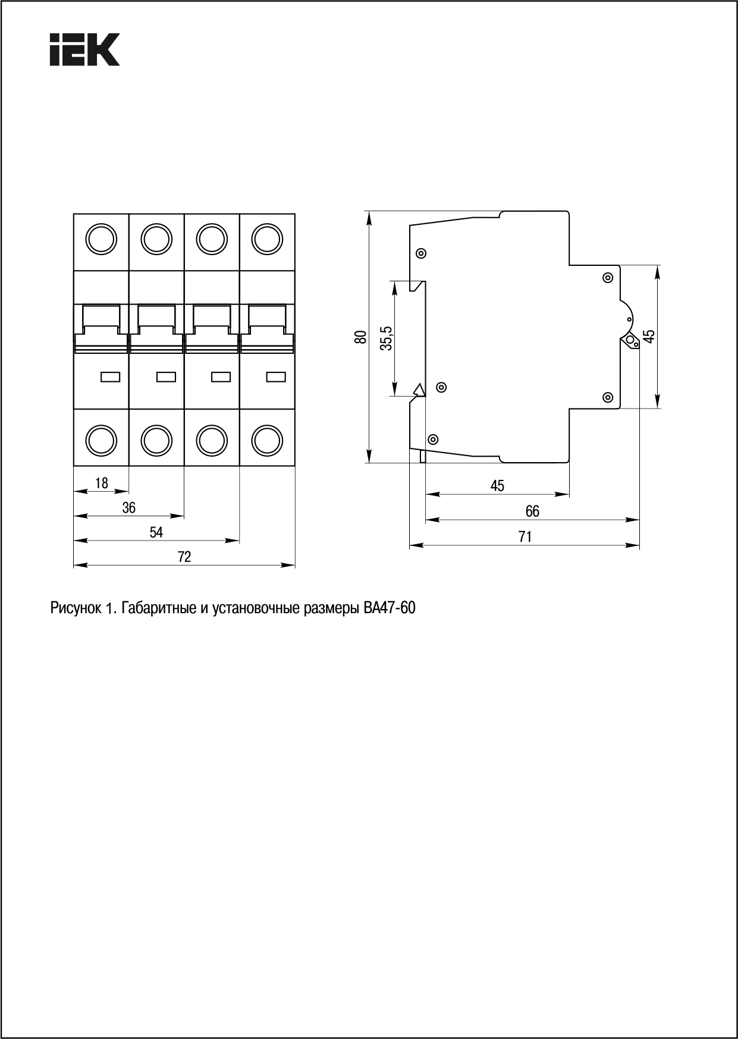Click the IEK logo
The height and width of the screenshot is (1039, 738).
click(x=84, y=49)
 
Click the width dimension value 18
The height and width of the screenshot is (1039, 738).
click(x=102, y=483)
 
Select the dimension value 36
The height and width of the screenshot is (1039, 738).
click(x=129, y=507)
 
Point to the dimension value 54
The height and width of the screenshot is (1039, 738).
click(x=156, y=532)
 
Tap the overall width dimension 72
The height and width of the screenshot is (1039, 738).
click(x=184, y=557)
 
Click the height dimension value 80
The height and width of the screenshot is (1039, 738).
click(x=360, y=337)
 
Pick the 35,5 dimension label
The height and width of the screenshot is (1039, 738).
click(x=387, y=338)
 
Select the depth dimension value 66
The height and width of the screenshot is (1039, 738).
click(x=532, y=511)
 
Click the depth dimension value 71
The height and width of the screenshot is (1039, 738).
click(x=525, y=536)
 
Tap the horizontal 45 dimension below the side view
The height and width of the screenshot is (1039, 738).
click(x=497, y=486)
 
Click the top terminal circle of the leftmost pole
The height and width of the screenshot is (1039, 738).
click(x=101, y=240)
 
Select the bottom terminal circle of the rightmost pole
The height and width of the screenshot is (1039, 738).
click(x=267, y=440)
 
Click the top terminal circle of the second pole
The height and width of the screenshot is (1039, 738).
click(x=156, y=240)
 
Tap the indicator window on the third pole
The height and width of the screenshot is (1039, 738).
click(x=221, y=376)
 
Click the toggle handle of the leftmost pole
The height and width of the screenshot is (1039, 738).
click(x=101, y=321)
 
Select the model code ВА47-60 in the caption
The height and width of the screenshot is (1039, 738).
click(x=389, y=608)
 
